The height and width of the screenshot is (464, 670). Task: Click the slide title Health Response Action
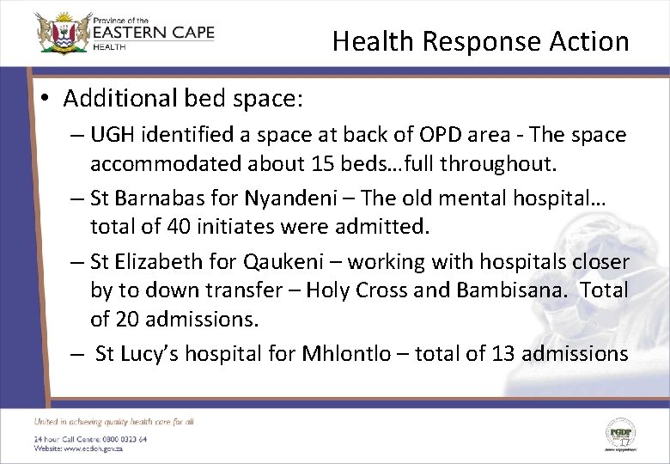click(x=480, y=41)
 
